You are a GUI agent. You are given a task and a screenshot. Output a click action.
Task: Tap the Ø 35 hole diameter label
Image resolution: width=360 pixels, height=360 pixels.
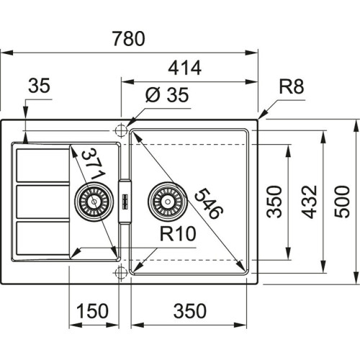162,95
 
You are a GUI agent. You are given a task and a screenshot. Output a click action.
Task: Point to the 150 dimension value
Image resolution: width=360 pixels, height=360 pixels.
93,310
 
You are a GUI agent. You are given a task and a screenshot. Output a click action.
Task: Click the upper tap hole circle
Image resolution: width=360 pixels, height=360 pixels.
120,130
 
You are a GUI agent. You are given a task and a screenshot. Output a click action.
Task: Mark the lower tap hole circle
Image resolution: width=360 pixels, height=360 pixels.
120,272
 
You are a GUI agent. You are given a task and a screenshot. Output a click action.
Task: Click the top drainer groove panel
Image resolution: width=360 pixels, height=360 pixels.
40,166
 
